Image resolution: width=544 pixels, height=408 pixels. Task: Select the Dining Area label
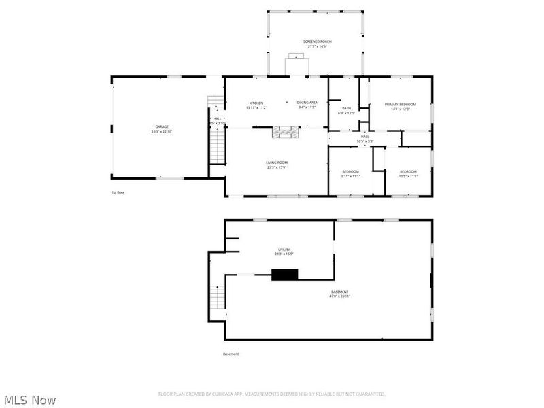(307, 105)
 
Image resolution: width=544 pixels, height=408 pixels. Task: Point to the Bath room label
(347, 110)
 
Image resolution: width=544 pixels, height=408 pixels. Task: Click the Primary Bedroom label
(400, 106)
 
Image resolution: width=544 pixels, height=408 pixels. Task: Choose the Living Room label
(277, 164)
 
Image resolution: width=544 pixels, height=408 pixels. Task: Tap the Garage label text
(161, 129)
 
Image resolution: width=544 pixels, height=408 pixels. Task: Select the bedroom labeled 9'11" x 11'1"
(350, 173)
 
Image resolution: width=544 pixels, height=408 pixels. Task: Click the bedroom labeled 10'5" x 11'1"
(408, 173)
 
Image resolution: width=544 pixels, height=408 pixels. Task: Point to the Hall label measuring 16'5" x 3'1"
(365, 139)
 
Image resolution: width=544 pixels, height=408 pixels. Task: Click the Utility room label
(284, 252)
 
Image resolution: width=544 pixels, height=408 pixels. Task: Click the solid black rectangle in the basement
(285, 275)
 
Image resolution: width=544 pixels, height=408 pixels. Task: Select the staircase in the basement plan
(218, 296)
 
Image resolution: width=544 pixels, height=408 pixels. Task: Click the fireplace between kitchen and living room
(284, 133)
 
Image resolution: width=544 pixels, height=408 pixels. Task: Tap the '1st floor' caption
(118, 192)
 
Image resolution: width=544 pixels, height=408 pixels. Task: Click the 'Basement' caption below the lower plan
(231, 354)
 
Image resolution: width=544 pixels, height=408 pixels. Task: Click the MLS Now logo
(30, 400)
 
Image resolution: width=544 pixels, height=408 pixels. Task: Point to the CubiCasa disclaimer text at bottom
(272, 394)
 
